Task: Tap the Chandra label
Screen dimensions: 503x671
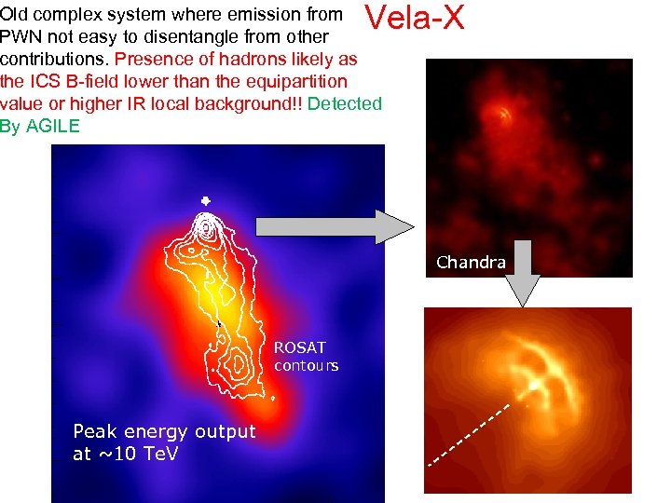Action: click(x=471, y=263)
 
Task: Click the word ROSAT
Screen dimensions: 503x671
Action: click(x=299, y=347)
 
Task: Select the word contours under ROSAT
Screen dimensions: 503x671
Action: click(x=306, y=365)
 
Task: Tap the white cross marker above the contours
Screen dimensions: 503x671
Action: click(x=205, y=200)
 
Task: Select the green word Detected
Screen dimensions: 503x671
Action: click(x=344, y=103)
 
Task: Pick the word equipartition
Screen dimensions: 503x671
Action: click(x=288, y=81)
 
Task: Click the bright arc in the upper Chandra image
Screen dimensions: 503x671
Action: click(x=504, y=115)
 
